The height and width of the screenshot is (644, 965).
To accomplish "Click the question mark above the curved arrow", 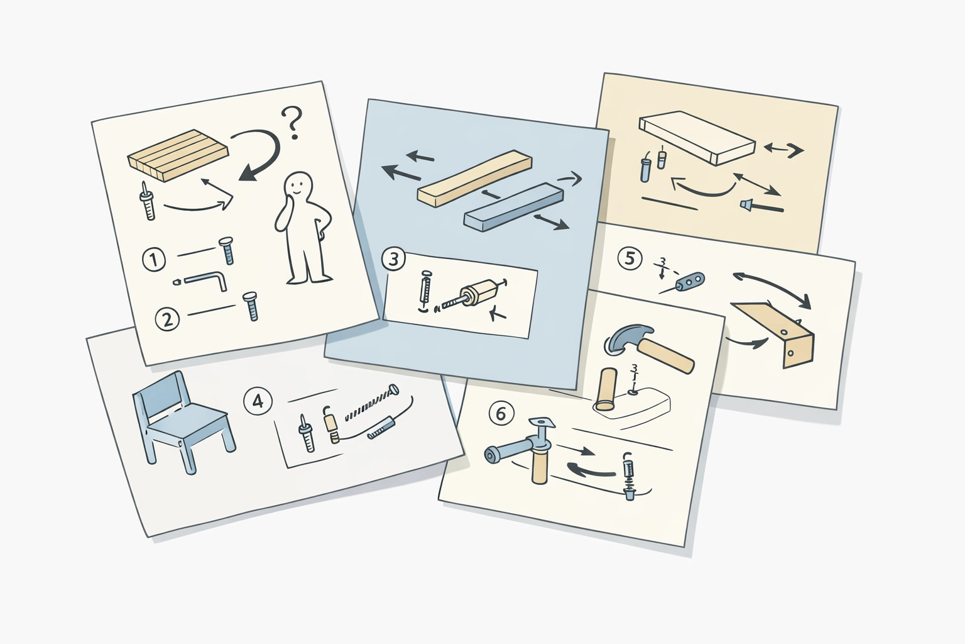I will point(292,123).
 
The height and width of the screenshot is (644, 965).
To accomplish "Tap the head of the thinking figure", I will point(297,186).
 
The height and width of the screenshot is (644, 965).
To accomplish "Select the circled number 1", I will point(154,259).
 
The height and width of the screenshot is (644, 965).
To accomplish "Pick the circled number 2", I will point(167,319).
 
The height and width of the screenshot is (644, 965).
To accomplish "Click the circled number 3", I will point(394,260).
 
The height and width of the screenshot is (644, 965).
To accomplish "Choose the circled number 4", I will point(257,401).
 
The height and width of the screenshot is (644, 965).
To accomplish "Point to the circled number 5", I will point(630,258).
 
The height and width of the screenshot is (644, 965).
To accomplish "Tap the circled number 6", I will point(501,414).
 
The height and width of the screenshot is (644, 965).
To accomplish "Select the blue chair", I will point(183,421).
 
